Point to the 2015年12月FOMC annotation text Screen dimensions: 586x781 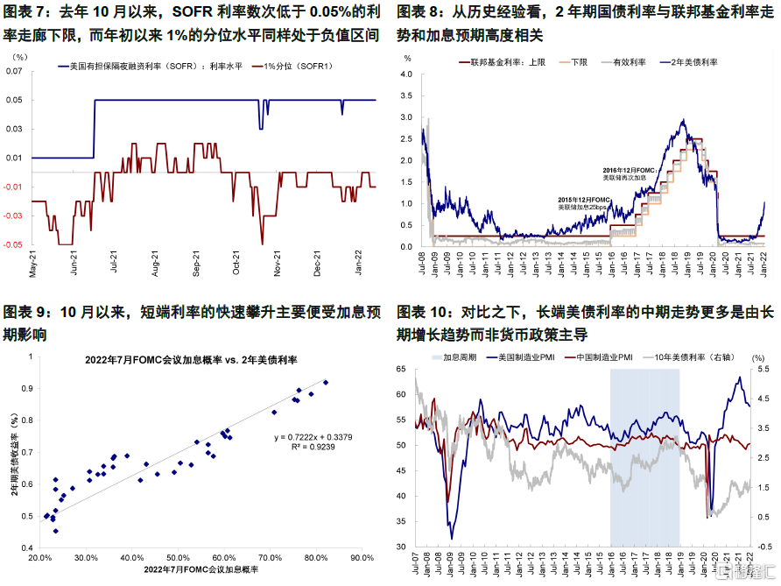point(584,200)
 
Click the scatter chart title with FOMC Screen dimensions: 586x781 point(192,359)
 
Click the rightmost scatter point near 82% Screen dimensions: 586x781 point(326,382)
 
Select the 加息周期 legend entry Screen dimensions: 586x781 point(458,357)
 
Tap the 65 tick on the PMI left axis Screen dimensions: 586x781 point(404,370)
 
